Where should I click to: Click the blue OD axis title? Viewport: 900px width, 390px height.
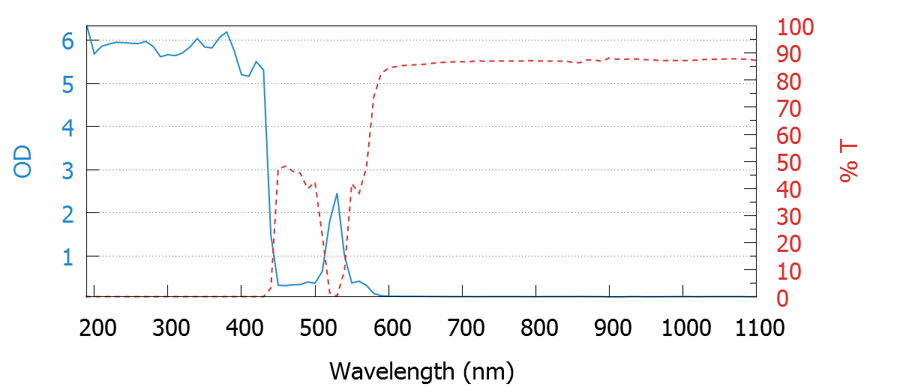[x=23, y=161]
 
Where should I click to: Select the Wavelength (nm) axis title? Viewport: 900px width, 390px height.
[x=421, y=370]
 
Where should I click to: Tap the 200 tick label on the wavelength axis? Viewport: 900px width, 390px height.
[x=95, y=328]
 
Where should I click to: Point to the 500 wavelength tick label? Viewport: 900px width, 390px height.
[x=316, y=328]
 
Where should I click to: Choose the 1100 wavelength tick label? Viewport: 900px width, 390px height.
[x=757, y=328]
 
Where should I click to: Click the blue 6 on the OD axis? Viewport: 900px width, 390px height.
[x=68, y=42]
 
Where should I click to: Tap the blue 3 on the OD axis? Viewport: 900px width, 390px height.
[x=68, y=170]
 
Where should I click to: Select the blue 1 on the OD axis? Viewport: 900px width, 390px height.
[x=68, y=257]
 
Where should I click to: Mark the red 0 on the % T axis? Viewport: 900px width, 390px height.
[x=783, y=298]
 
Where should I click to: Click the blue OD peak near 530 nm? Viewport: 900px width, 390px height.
[x=337, y=193]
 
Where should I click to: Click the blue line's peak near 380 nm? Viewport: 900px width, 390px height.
[x=226, y=32]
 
